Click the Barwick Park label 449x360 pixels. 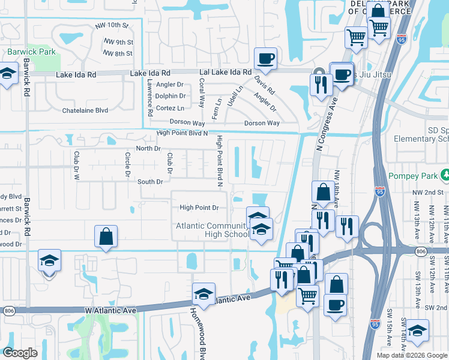click(31, 52)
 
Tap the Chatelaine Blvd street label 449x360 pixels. click(85, 110)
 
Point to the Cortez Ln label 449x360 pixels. click(170, 108)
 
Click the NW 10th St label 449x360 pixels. click(112, 26)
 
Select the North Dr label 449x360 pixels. click(148, 148)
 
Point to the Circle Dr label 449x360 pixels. click(127, 165)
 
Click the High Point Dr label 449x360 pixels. click(199, 208)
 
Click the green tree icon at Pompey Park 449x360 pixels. click(445, 175)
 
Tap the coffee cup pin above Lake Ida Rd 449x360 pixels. click(265, 59)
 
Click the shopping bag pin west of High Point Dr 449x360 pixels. click(106, 236)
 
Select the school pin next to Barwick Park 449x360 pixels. click(7, 75)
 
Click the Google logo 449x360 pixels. click(20, 353)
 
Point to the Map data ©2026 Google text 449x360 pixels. click(412, 355)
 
